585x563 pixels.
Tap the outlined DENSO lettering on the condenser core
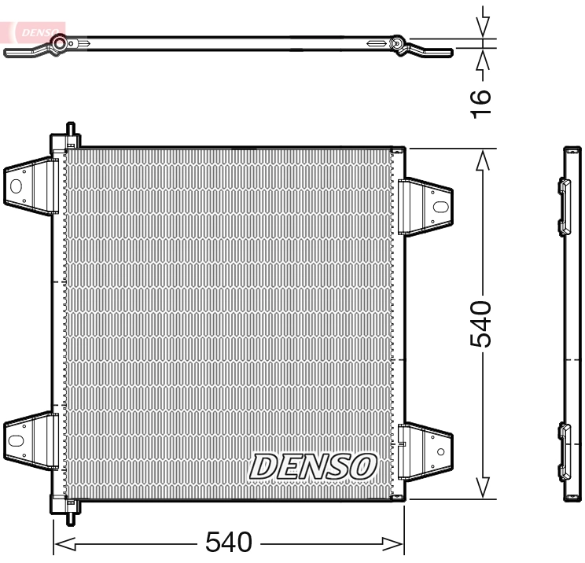(313, 465)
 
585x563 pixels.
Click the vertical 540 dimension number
(480, 323)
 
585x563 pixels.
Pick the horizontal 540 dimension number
(229, 542)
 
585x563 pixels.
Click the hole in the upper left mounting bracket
(15, 186)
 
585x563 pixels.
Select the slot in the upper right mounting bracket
(440, 208)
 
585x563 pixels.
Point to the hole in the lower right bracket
(441, 452)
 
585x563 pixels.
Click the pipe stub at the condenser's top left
(70, 133)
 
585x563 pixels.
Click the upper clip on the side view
(564, 207)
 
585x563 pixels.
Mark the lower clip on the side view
(564, 451)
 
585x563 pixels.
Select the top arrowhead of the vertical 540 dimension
(483, 160)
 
